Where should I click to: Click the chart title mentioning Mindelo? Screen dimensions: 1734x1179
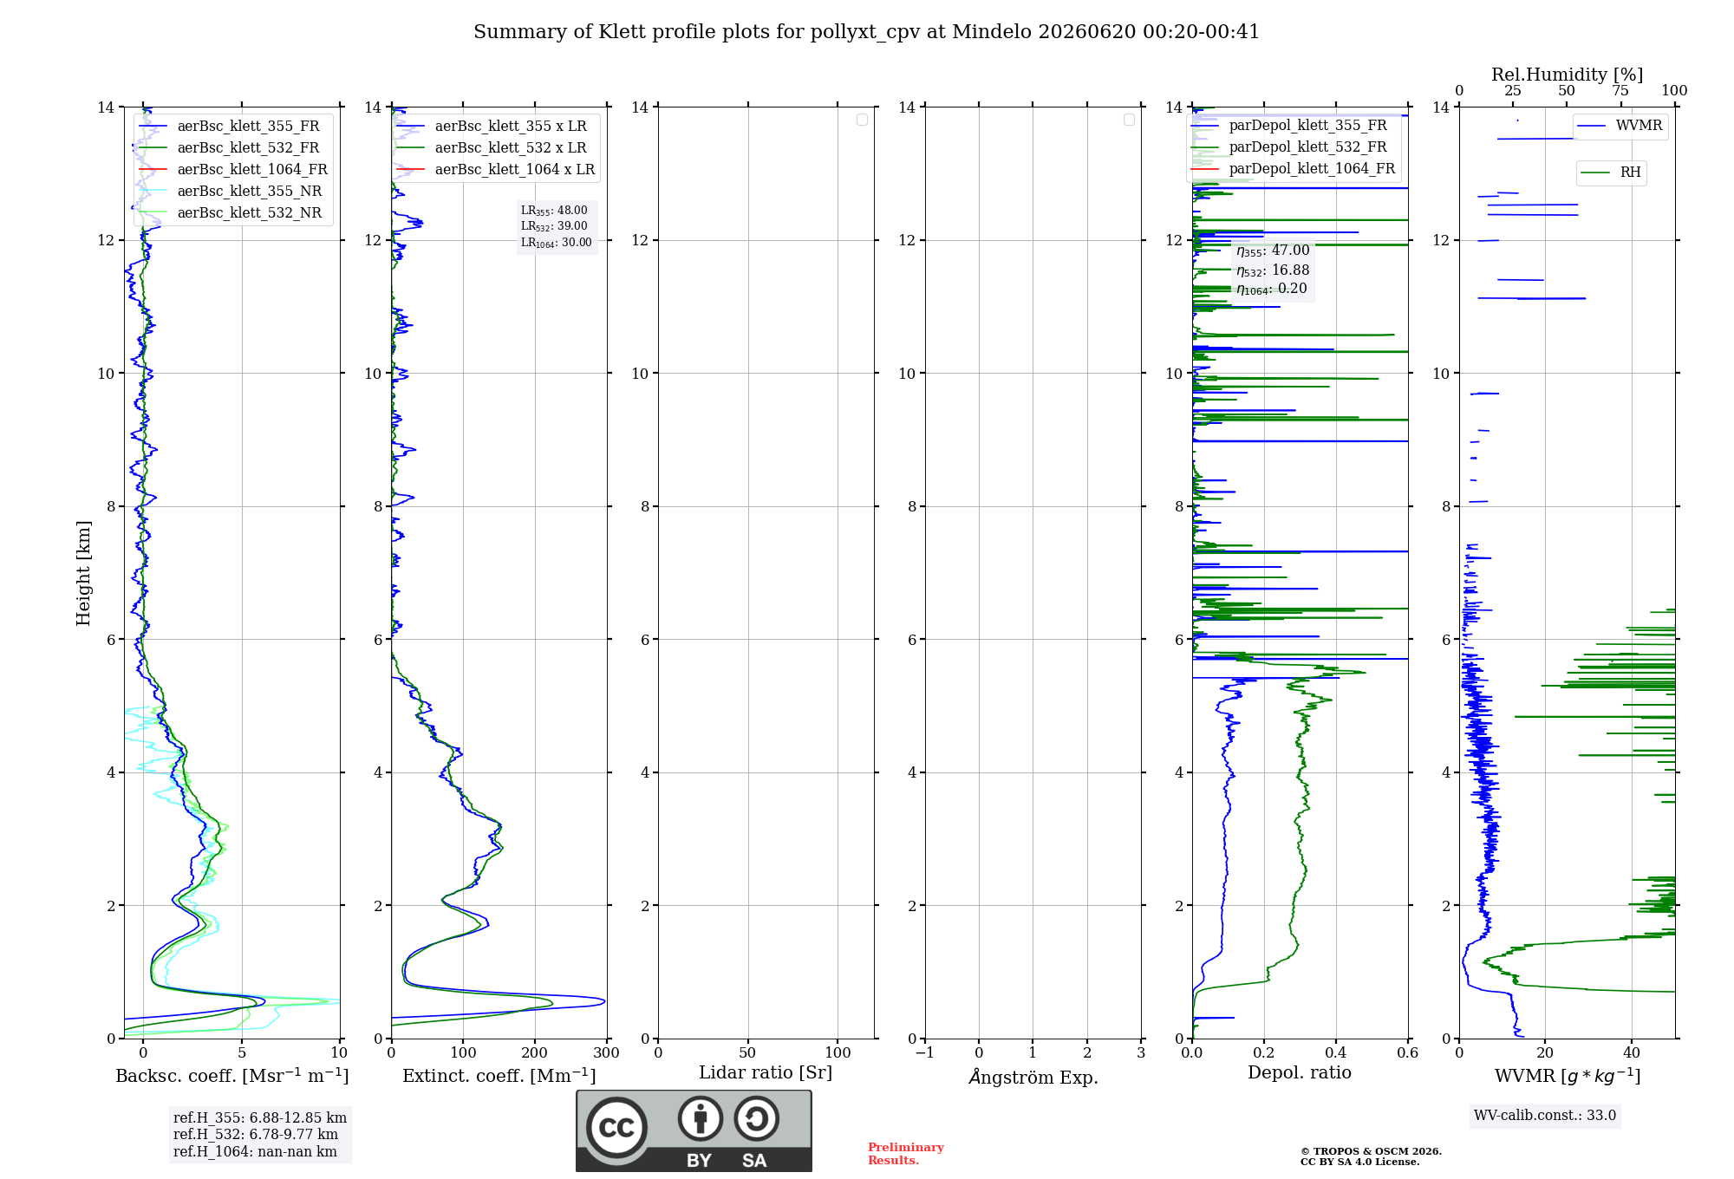click(x=866, y=32)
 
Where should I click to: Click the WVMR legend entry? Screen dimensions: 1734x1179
click(x=1620, y=126)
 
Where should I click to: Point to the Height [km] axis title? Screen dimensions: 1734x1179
click(x=83, y=572)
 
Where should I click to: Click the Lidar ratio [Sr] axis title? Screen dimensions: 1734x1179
click(x=766, y=1072)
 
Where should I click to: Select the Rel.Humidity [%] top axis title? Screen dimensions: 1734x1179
click(x=1568, y=75)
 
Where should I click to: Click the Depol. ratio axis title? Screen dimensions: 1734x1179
click(x=1300, y=1072)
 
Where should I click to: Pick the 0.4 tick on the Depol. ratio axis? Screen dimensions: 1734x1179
click(x=1336, y=1052)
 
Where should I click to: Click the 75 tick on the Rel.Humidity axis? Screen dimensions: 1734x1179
click(x=1620, y=90)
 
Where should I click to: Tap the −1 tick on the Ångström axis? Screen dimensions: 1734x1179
click(x=925, y=1052)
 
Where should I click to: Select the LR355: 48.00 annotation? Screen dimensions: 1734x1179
click(x=554, y=211)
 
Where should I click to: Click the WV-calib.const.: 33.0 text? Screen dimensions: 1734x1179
click(x=1545, y=1115)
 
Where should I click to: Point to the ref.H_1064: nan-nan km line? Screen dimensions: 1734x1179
click(x=255, y=1151)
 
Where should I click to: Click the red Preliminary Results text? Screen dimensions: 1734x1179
click(x=906, y=1154)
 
